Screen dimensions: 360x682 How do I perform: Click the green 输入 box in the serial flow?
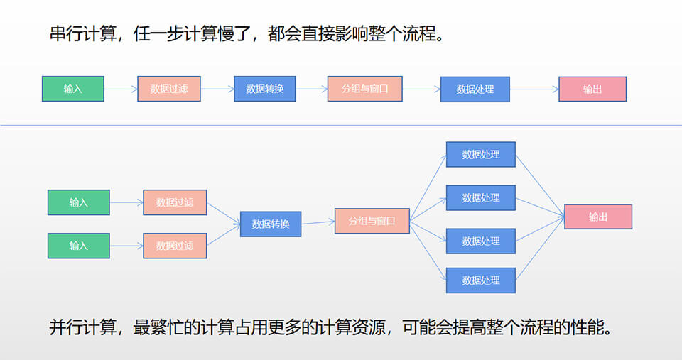(x=73, y=89)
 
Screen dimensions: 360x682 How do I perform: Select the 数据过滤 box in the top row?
(x=169, y=89)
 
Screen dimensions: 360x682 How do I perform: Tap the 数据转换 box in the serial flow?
(x=265, y=89)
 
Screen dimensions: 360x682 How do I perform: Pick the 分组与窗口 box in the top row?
(x=365, y=89)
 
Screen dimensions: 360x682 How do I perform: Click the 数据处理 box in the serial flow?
(x=475, y=89)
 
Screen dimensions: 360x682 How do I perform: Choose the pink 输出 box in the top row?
(x=592, y=89)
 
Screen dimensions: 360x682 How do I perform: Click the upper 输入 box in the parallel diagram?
(x=79, y=202)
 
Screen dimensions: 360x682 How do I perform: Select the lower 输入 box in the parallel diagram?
(x=79, y=246)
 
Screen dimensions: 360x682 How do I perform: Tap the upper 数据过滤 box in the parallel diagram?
(x=175, y=202)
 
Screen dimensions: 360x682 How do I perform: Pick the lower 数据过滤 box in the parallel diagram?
(x=175, y=246)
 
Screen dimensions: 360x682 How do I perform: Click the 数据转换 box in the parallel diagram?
(x=271, y=224)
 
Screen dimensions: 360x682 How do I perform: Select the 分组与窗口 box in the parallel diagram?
(x=372, y=220)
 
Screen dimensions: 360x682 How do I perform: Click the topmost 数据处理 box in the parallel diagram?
(x=481, y=154)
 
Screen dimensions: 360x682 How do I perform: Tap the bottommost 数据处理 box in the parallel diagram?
(x=481, y=280)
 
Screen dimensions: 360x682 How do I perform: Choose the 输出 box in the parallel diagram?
(x=598, y=217)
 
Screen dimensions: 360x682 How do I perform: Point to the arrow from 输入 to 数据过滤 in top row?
(x=121, y=89)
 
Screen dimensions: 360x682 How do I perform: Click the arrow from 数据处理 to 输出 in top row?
(x=534, y=89)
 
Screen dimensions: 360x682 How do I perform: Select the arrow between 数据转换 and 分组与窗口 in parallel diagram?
(x=318, y=222)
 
